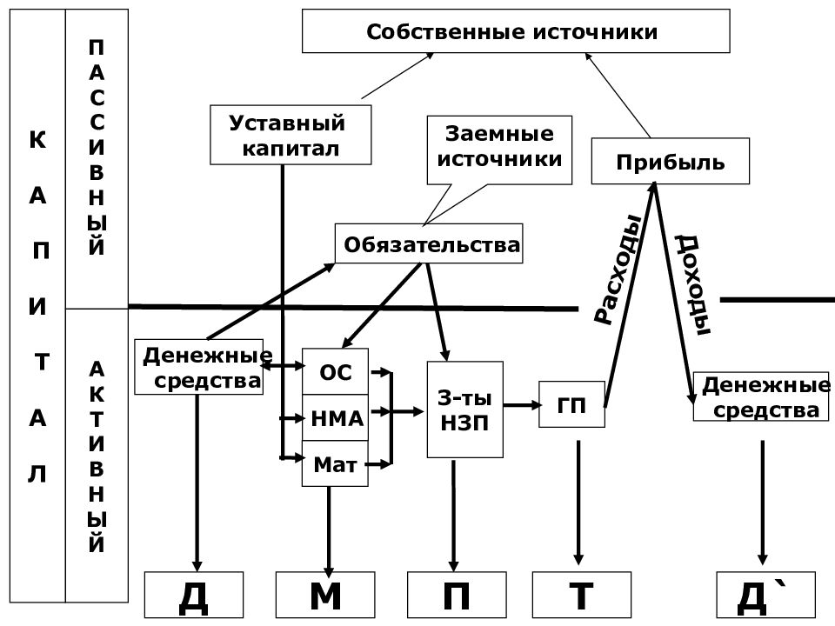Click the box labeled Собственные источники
516,31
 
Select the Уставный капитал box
291,135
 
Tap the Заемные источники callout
499,150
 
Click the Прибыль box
671,162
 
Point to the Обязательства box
429,243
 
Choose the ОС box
335,371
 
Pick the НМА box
335,418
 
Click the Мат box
335,463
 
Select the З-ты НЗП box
464,410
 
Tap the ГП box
571,404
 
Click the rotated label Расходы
618,270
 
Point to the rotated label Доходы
693,285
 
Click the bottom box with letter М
325,595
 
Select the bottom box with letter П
457,595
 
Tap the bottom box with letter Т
582,595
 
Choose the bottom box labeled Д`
765,595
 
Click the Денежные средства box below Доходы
761,397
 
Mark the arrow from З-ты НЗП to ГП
523,405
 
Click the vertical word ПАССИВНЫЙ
97,148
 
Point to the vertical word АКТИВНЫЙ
97,456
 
